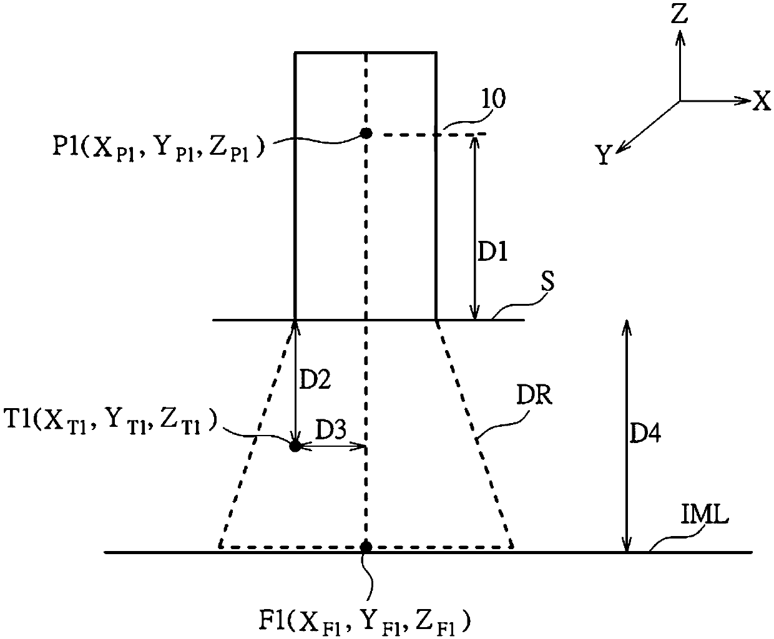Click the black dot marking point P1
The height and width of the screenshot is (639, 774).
pos(366,133)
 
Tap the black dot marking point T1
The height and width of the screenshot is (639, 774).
pos(295,446)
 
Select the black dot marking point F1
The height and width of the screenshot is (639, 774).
pos(366,547)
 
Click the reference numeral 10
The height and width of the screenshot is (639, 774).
pos(495,99)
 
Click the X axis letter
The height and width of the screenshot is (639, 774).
pos(761,101)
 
